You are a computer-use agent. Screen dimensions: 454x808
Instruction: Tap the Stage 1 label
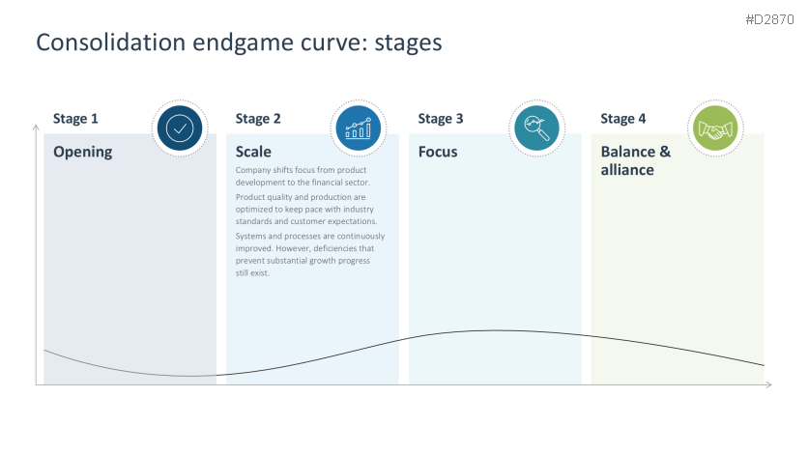pos(75,119)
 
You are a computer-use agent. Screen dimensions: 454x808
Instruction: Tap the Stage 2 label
pos(258,119)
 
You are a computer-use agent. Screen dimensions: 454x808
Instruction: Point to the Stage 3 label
pos(441,119)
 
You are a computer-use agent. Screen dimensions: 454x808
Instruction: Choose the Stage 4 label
pos(623,119)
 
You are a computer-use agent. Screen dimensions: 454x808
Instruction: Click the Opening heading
pos(82,152)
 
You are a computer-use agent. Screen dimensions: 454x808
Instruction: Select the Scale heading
pos(253,152)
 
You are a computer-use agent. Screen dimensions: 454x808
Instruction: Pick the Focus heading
pos(438,152)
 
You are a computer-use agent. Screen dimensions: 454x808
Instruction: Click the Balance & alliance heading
pos(635,160)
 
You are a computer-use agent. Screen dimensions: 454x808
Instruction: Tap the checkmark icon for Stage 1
pos(179,128)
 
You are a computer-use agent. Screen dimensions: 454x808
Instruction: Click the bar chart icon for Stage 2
pos(358,128)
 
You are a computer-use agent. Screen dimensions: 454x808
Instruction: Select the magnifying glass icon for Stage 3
pos(536,128)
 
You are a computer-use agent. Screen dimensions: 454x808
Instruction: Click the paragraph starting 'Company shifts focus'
pos(303,176)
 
